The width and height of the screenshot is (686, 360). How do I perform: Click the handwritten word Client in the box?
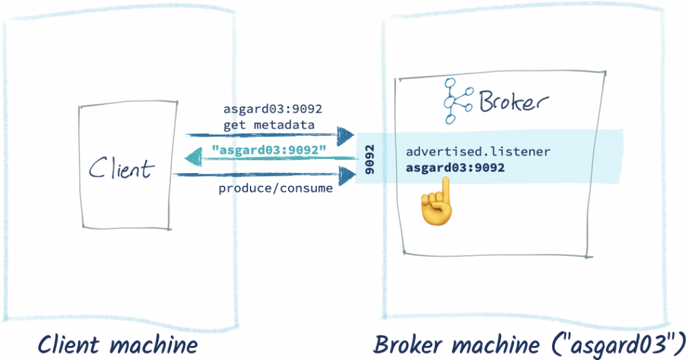click(x=121, y=168)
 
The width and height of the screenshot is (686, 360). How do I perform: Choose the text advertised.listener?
click(x=478, y=152)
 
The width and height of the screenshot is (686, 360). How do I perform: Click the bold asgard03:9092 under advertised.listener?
click(x=455, y=168)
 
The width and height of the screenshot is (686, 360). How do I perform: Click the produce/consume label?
click(x=275, y=188)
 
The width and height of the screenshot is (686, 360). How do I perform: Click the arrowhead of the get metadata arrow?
click(x=346, y=135)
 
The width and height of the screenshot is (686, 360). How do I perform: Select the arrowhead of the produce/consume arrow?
click(x=346, y=175)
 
